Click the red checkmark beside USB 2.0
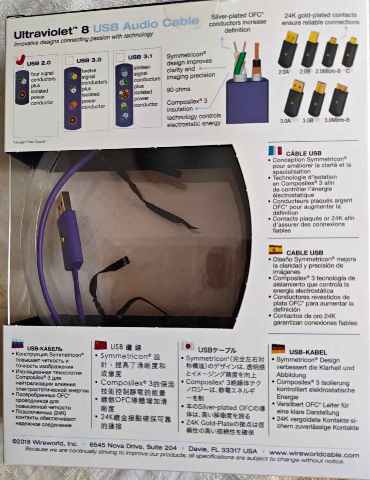[x=20, y=60]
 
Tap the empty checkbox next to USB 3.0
[x=69, y=61]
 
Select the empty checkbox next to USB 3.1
[x=120, y=57]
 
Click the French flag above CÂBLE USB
[x=275, y=150]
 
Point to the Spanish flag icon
[x=276, y=250]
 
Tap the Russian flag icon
[x=18, y=343]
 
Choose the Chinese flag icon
[x=101, y=345]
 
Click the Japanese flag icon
[x=188, y=346]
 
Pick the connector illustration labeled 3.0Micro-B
[x=338, y=99]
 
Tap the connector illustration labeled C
[x=350, y=52]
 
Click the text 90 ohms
[x=178, y=89]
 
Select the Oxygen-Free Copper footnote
[x=30, y=141]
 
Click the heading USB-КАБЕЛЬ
[x=45, y=348]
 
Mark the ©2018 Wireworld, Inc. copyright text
[x=45, y=442]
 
